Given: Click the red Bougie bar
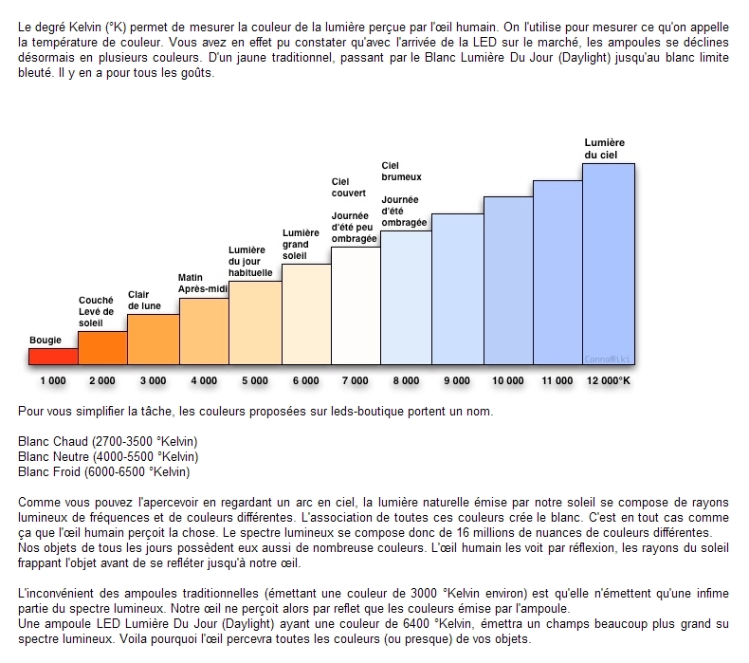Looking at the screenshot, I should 53,356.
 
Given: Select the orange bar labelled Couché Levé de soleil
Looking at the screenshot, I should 102,347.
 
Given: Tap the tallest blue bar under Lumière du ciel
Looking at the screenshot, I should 608,264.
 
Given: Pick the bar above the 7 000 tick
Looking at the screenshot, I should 356,305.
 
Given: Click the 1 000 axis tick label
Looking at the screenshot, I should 53,380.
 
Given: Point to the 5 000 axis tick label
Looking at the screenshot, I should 255,380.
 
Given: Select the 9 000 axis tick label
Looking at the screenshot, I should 457,380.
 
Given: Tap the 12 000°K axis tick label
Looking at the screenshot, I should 608,380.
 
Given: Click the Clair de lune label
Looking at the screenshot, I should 145,301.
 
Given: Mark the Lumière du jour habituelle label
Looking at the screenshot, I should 250,261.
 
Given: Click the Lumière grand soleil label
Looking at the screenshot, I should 301,244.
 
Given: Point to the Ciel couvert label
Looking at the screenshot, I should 341,187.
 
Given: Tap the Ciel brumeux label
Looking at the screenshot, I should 401,171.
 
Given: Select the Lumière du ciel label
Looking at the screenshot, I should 604,148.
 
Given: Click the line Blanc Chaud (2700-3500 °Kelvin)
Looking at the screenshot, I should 108,442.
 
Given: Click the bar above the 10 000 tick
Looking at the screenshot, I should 507,280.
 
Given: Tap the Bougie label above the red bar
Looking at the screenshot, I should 46,340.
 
